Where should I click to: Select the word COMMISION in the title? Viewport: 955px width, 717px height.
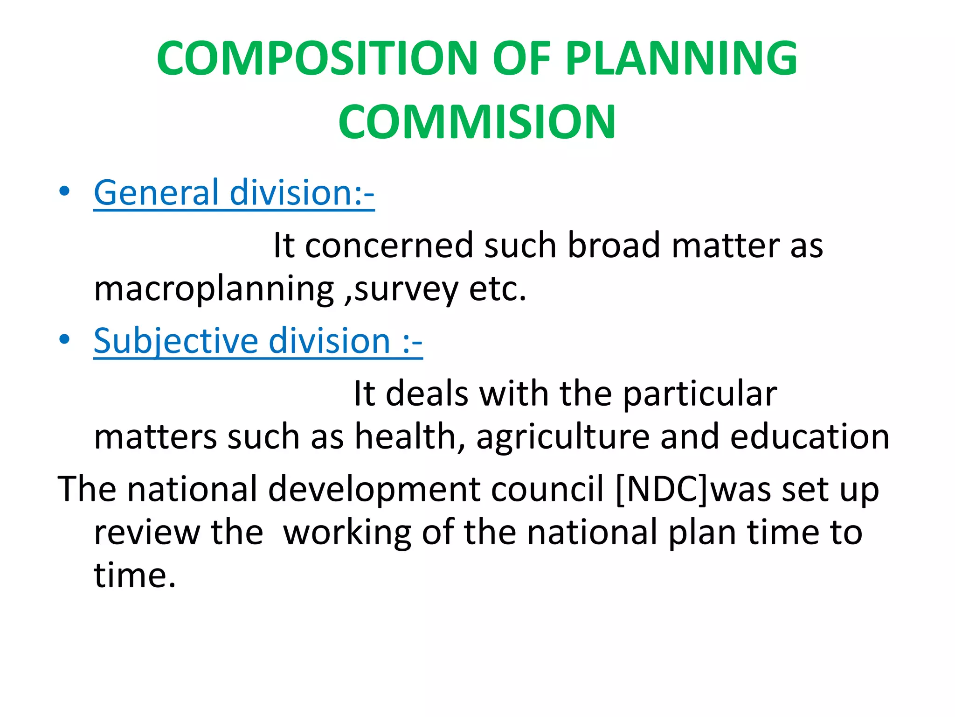(477, 122)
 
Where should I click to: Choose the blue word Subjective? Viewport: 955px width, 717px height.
(175, 342)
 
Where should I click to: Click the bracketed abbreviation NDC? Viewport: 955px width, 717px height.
(663, 489)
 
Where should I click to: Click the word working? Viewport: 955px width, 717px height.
(347, 533)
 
